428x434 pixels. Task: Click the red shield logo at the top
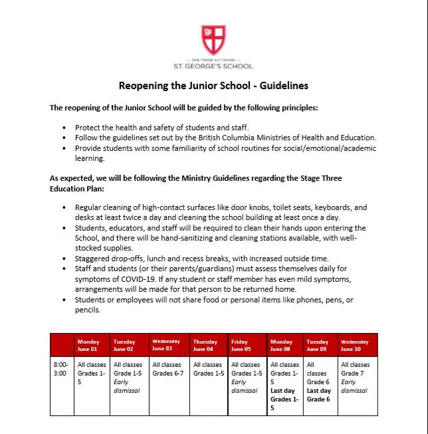[x=213, y=39]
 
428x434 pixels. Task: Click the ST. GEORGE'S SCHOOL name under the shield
[x=213, y=66]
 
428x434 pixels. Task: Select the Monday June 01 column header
[x=88, y=345]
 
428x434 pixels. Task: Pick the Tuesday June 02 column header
[x=124, y=345]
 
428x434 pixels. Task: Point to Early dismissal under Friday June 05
[x=245, y=386]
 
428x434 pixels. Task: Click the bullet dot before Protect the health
[x=64, y=127]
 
